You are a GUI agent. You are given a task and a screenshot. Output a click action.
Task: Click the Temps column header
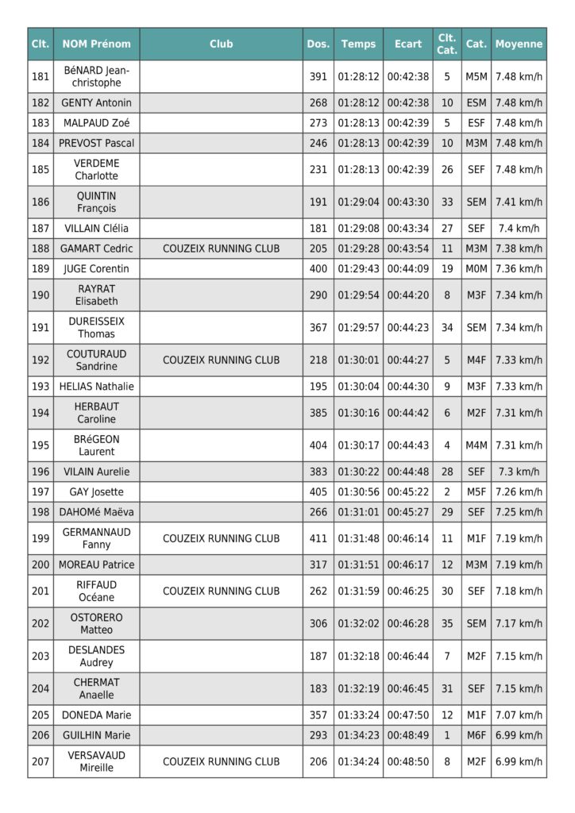click(x=358, y=44)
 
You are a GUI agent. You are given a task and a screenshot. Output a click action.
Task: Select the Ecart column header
click(x=408, y=44)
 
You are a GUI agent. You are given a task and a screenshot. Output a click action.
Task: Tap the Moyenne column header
click(x=519, y=44)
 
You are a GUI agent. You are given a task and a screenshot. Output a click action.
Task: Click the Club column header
click(x=221, y=44)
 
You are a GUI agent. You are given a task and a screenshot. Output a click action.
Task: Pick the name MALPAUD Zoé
click(x=97, y=123)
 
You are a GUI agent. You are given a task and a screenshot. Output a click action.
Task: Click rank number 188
click(x=41, y=249)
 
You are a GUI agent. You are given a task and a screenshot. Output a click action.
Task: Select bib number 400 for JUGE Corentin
click(x=318, y=269)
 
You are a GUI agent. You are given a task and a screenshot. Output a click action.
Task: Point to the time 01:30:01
click(x=358, y=360)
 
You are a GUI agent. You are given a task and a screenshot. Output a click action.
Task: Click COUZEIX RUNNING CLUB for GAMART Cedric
click(x=221, y=249)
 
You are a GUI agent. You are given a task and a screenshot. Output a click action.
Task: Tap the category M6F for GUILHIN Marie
click(x=476, y=735)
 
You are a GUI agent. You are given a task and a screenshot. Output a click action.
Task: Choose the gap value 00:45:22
click(x=408, y=492)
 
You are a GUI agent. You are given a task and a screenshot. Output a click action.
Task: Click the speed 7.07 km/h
click(x=519, y=715)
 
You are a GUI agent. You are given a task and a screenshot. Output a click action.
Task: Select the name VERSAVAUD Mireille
click(x=97, y=761)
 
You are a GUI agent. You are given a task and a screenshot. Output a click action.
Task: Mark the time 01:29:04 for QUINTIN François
click(x=358, y=202)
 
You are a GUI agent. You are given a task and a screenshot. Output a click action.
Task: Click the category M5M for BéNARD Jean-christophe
click(x=476, y=77)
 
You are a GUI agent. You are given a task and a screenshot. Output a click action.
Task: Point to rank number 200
click(x=41, y=565)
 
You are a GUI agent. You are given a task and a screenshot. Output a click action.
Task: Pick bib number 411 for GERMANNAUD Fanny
click(x=318, y=538)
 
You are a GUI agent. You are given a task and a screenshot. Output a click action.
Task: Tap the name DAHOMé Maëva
click(x=97, y=512)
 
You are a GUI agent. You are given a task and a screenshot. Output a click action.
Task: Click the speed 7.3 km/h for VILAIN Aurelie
click(x=519, y=472)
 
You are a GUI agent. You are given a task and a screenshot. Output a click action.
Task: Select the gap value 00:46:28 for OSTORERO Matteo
click(x=408, y=624)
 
